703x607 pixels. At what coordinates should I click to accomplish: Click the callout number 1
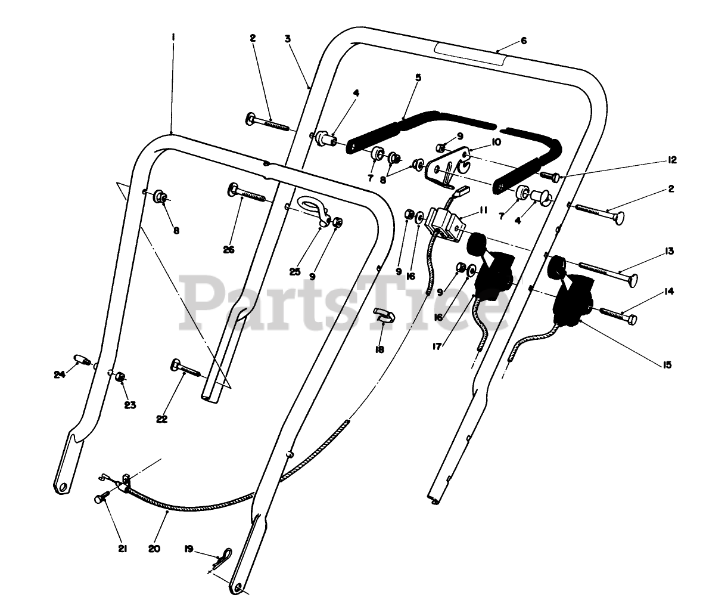click(173, 37)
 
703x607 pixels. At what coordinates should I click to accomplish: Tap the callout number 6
click(524, 41)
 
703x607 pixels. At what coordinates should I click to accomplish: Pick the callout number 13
click(670, 252)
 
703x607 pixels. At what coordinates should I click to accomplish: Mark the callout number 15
click(667, 364)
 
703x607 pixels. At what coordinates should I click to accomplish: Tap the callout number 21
click(122, 549)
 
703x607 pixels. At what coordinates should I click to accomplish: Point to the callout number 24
click(58, 375)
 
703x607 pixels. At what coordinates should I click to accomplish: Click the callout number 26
click(229, 250)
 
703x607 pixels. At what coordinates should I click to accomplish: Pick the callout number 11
click(483, 212)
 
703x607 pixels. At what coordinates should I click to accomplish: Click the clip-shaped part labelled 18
click(382, 314)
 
